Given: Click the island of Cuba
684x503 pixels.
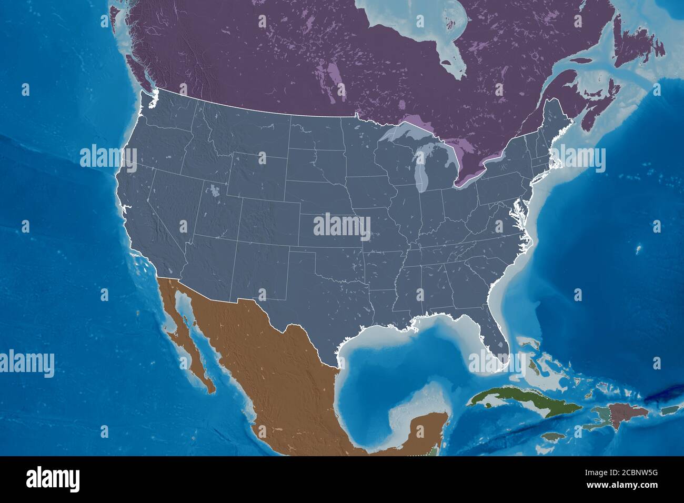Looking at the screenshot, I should (x=505, y=400).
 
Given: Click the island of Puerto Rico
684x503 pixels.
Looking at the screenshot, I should (x=668, y=411).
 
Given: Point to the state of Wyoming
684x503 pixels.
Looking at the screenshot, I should (x=258, y=174).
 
